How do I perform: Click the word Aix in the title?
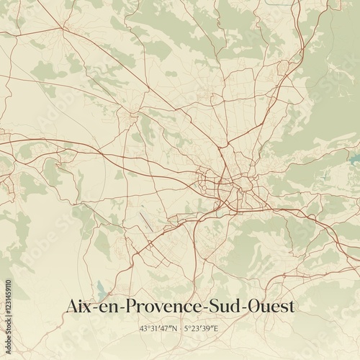[78, 306]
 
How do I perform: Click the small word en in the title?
[109, 307]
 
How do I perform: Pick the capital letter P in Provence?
[130, 306]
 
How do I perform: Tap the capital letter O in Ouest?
[253, 306]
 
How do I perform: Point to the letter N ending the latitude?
[177, 328]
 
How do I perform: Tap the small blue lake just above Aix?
[102, 294]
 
